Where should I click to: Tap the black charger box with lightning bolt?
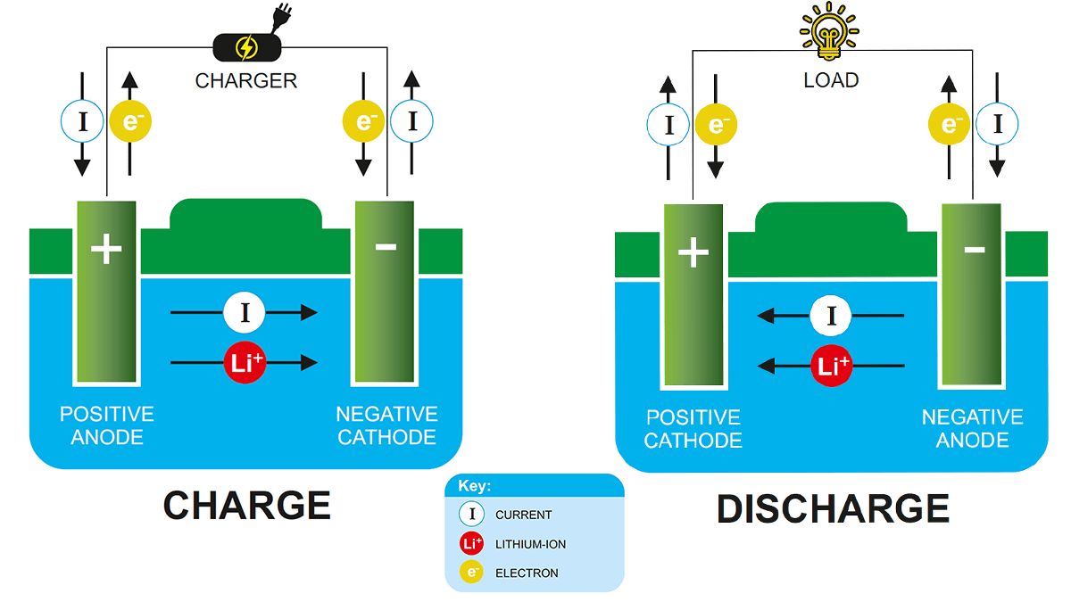click(x=246, y=47)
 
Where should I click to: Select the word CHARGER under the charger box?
click(x=246, y=81)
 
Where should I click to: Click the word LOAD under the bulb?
click(x=831, y=80)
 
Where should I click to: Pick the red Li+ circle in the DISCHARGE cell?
click(x=831, y=366)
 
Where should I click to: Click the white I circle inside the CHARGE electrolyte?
click(x=245, y=312)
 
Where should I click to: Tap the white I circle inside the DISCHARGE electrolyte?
click(x=831, y=315)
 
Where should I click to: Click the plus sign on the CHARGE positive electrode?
click(x=106, y=250)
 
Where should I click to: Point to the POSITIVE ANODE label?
click(x=106, y=425)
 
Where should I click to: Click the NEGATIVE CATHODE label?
click(x=386, y=425)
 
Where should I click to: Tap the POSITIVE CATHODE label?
click(x=693, y=428)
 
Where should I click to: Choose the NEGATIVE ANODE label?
click(x=972, y=428)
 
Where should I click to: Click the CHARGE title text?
click(x=246, y=506)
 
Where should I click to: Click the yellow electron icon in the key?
click(x=471, y=573)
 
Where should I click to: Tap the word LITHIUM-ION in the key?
click(x=530, y=544)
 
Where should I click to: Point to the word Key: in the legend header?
click(x=475, y=486)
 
